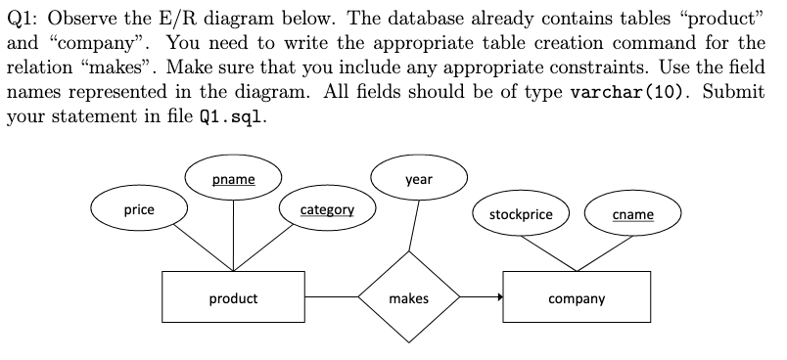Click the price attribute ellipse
coord(139,209)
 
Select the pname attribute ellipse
coord(233,180)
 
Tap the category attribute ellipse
coord(327,209)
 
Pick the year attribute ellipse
coord(418,180)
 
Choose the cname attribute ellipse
coord(631,214)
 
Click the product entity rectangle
coord(233,297)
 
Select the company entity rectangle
coord(577,297)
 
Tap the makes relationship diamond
coord(408,297)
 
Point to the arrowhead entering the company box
coord(498,296)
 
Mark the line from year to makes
coord(414,226)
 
